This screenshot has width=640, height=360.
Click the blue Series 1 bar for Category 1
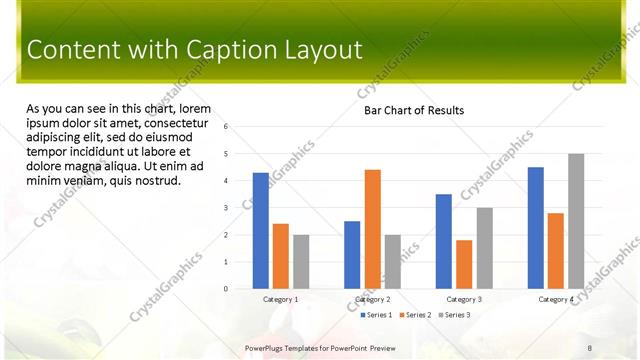pos(261,231)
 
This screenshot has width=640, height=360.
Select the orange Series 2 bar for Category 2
pos(372,229)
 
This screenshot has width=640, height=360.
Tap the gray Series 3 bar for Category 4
pos(576,221)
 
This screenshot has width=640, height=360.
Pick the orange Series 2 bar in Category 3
pos(464,264)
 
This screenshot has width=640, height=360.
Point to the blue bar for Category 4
pos(536,228)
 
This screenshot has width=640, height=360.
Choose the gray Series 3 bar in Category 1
pos(301,262)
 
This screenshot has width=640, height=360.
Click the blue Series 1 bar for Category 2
pos(352,255)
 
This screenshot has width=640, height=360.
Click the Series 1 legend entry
pos(376,315)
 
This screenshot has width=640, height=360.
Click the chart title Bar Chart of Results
pos(413,110)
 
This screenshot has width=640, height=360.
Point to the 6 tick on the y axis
pos(227,127)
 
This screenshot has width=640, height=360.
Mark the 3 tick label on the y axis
pos(227,208)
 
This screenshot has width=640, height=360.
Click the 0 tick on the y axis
pos(227,289)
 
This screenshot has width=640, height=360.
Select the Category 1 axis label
pos(281,299)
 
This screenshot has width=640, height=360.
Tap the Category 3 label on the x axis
pos(464,299)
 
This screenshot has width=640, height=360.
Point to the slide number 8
pos(590,347)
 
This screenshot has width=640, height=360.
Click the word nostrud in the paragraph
pos(158,181)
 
